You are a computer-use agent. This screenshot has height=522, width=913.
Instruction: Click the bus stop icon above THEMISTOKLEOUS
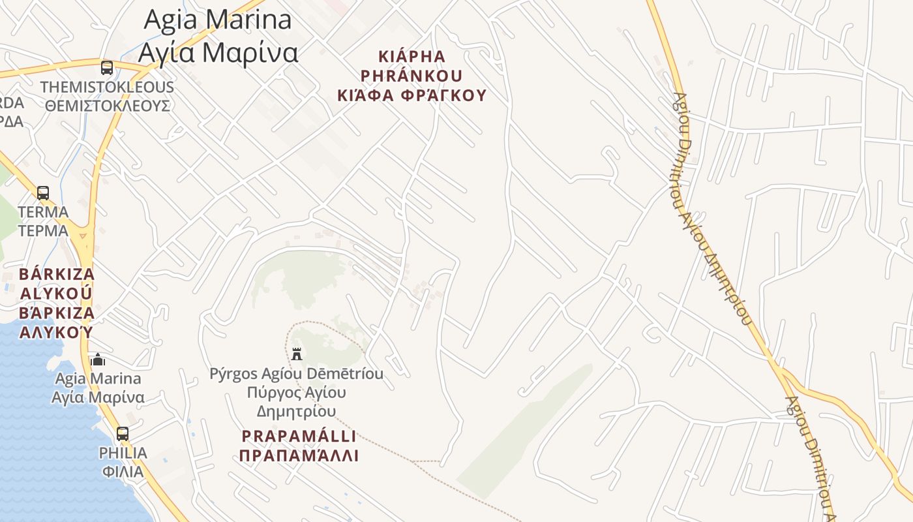107,67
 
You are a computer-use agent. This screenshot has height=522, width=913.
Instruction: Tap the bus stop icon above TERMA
43,192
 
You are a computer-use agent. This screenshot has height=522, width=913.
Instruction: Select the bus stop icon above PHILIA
123,433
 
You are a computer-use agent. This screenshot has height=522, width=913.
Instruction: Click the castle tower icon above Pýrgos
297,354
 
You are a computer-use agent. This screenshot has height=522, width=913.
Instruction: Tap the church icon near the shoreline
98,360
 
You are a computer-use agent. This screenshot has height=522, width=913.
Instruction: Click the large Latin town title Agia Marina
218,20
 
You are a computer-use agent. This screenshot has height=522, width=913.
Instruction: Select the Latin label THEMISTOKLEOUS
107,87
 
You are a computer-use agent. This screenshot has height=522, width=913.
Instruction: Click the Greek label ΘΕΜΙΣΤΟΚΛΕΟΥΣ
108,106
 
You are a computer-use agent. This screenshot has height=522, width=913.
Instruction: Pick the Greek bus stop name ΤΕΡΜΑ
43,231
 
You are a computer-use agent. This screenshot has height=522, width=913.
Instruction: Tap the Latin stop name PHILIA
123,453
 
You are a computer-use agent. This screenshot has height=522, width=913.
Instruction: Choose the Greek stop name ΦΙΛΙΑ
123,471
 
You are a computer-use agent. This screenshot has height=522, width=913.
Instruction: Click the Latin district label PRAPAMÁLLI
299,436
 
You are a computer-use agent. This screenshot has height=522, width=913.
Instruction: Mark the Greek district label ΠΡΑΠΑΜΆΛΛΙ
299,455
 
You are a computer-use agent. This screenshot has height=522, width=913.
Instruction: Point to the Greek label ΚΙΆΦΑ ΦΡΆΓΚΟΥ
412,95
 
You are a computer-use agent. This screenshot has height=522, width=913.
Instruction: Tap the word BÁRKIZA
57,274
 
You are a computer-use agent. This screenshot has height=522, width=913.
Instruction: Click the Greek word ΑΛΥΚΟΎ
57,332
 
